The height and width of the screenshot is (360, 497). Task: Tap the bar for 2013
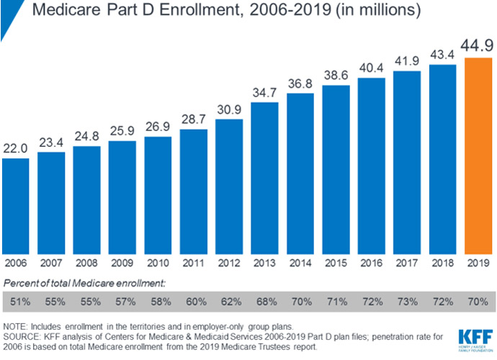click(x=264, y=176)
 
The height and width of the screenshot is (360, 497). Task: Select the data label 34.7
click(x=264, y=92)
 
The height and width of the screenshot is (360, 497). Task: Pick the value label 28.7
click(x=193, y=119)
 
